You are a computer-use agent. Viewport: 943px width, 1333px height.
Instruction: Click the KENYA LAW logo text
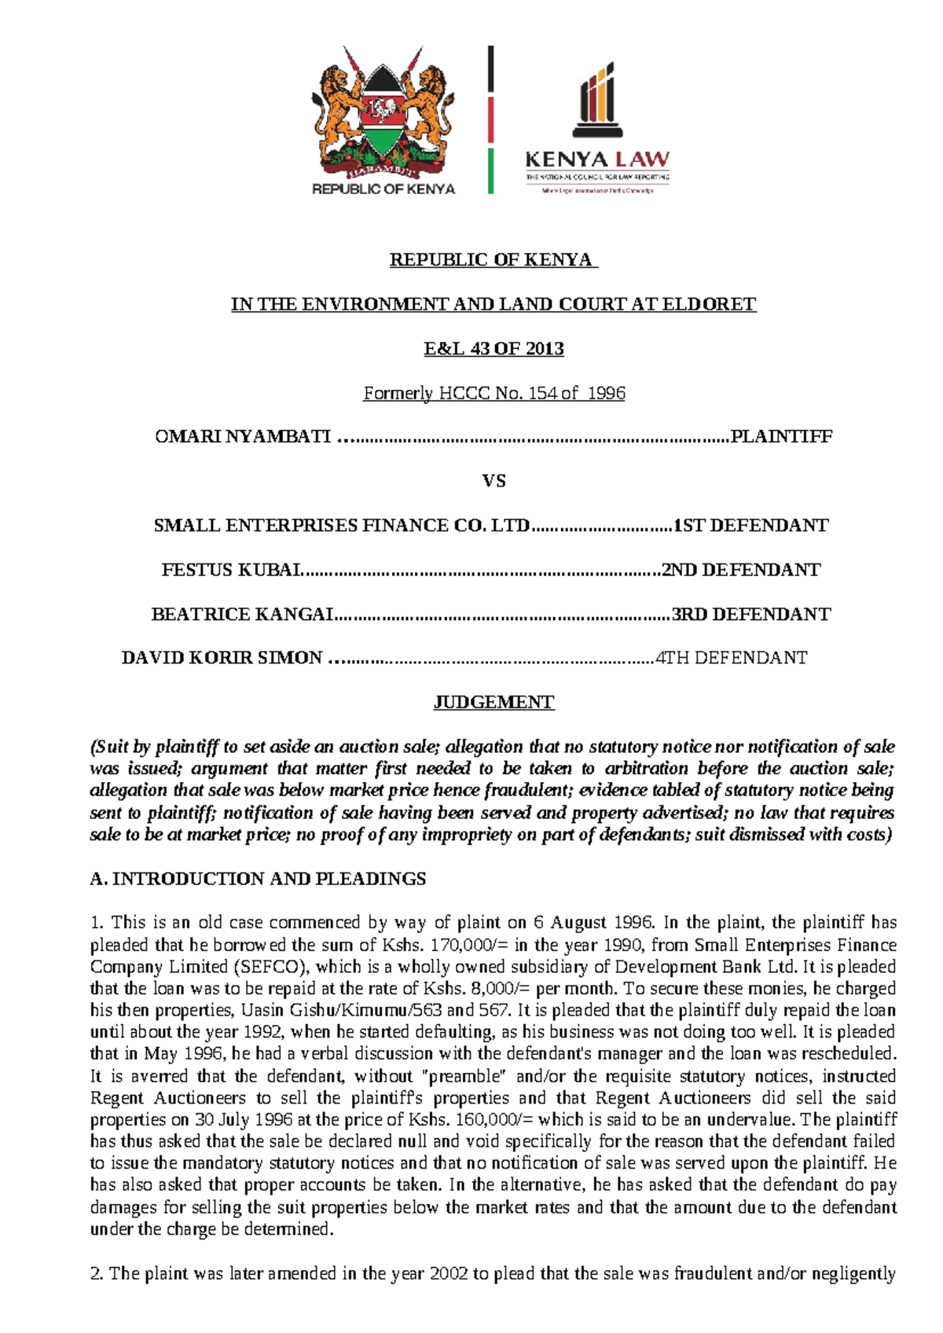coord(597,160)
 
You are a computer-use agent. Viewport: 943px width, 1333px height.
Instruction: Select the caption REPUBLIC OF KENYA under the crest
coord(383,189)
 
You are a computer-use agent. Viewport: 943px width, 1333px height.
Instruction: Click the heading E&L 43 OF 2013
coord(494,348)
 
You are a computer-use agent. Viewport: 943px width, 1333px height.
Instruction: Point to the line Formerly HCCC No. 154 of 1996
coord(494,393)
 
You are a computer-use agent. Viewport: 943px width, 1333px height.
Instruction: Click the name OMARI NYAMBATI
coord(243,437)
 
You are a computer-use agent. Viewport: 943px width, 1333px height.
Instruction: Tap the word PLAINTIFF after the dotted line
coord(781,437)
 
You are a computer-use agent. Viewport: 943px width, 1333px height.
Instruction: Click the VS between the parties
coord(494,481)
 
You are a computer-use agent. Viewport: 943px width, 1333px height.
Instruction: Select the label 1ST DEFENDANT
coord(751,526)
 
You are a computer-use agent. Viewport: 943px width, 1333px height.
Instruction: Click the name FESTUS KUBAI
coord(232,570)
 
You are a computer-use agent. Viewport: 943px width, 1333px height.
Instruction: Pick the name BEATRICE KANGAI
coord(243,614)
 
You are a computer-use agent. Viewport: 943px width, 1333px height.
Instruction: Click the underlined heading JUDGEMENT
coord(494,703)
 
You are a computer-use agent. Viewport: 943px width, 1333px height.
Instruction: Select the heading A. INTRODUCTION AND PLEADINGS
coord(258,879)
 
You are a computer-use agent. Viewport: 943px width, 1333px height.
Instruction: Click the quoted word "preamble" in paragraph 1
coord(465,1076)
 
